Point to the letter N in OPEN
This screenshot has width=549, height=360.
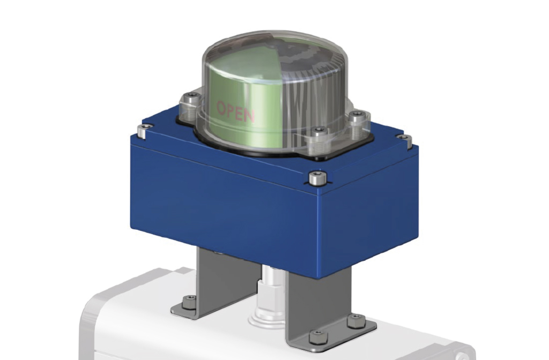(x=249, y=115)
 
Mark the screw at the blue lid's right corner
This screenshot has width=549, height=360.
(x=406, y=140)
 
